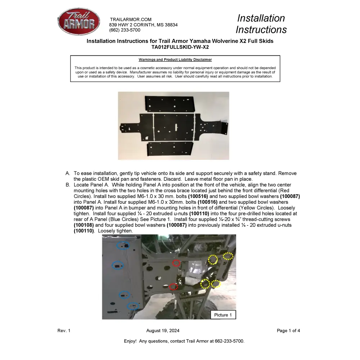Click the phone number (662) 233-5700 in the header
point(125,30)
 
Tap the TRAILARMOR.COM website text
point(131,19)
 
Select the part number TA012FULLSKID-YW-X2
point(180,47)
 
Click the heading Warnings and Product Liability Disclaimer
point(175,60)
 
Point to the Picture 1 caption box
point(223,315)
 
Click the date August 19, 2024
point(163,331)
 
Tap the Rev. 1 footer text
point(64,331)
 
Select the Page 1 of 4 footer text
point(288,331)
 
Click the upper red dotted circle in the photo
point(176,263)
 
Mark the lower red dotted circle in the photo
point(174,287)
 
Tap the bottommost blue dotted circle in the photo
point(133,306)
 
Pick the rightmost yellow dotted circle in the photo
point(228,256)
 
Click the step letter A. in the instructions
point(68,174)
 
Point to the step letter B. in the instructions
point(68,185)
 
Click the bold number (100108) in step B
point(84,225)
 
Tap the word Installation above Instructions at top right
point(261,18)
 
